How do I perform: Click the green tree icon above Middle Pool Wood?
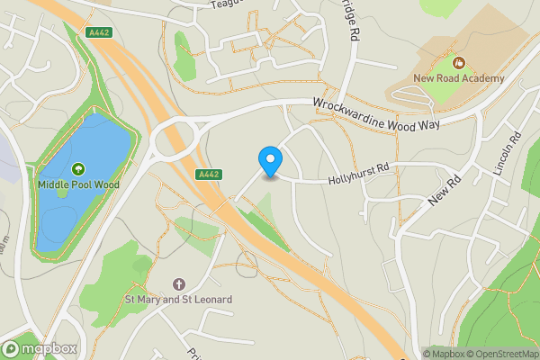point(77,168)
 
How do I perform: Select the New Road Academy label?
point(459,79)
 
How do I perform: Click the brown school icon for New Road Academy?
point(459,63)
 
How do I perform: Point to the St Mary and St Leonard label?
point(178,299)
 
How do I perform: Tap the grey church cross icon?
point(178,283)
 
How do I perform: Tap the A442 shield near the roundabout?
point(207,175)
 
